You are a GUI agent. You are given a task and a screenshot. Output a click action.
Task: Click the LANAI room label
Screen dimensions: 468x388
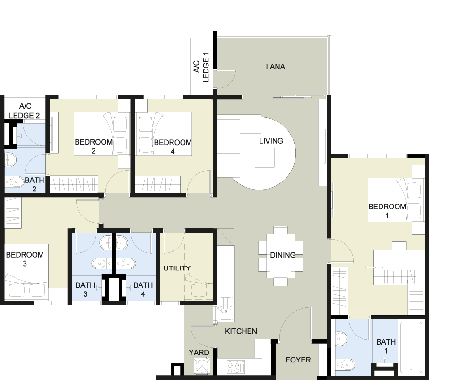[x=277, y=67]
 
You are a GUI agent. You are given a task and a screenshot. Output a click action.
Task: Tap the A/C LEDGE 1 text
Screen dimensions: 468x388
[x=201, y=67]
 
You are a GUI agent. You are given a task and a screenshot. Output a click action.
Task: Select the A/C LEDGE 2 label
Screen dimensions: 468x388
[x=25, y=111]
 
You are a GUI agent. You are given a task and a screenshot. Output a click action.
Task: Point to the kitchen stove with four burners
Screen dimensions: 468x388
[x=236, y=367]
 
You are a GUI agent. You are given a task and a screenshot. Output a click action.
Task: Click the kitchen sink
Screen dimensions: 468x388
[x=226, y=309]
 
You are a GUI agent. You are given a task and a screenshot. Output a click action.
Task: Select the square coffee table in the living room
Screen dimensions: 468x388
[x=264, y=157]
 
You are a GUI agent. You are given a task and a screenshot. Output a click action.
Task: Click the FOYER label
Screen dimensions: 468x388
[x=298, y=360]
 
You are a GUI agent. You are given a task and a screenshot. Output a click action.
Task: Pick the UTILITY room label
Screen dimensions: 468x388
[x=177, y=268]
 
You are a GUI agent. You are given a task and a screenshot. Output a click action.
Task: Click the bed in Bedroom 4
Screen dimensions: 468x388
[x=164, y=134]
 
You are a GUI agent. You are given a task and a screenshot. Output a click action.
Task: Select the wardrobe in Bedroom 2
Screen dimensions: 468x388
[x=74, y=183]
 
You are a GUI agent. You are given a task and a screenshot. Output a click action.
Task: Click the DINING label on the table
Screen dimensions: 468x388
[x=283, y=255]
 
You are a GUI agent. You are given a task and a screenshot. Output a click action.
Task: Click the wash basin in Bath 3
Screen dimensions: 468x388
[x=106, y=242]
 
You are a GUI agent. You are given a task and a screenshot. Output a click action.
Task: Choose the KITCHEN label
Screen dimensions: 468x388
[x=241, y=331]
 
